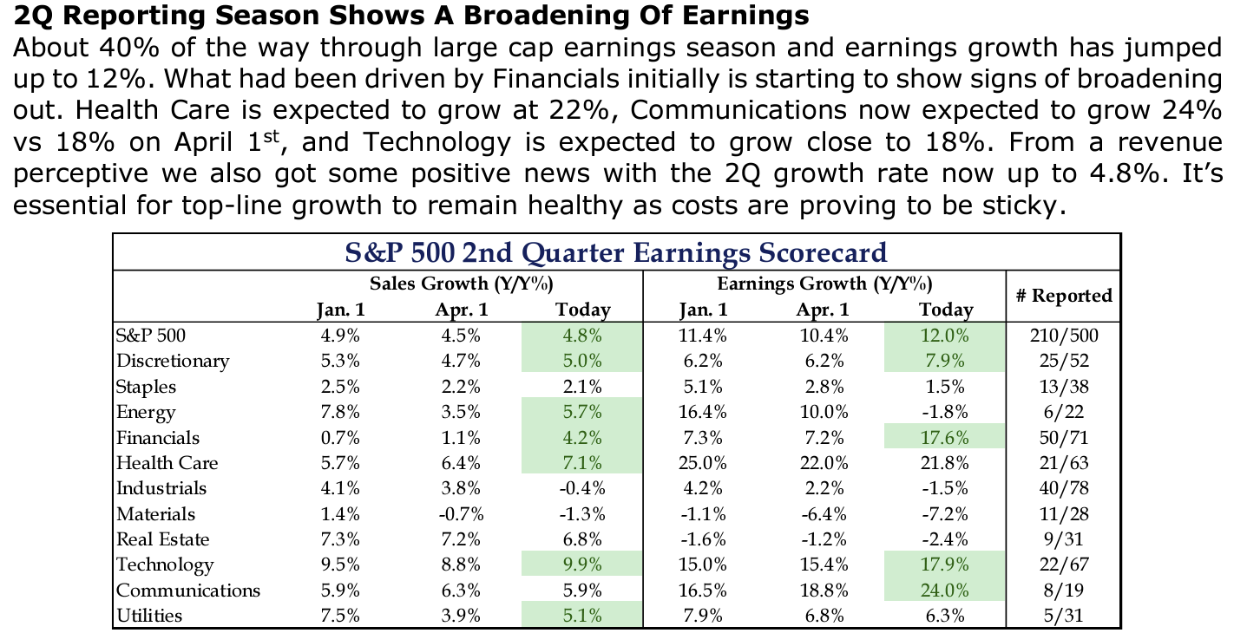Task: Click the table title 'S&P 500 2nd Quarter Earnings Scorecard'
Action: pos(615,252)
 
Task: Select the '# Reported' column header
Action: pos(1062,295)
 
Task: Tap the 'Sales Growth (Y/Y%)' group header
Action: pos(462,283)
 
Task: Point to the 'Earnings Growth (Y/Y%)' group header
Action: pos(824,283)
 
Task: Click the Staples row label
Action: pos(146,387)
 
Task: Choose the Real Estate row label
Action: pos(163,539)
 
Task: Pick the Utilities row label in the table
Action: pos(149,617)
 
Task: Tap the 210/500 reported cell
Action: pos(1062,336)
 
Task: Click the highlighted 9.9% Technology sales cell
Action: pos(582,565)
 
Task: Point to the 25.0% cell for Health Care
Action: pos(704,463)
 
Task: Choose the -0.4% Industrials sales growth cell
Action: pos(582,488)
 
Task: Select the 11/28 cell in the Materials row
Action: pos(1062,514)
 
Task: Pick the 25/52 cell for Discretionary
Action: pos(1062,362)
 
